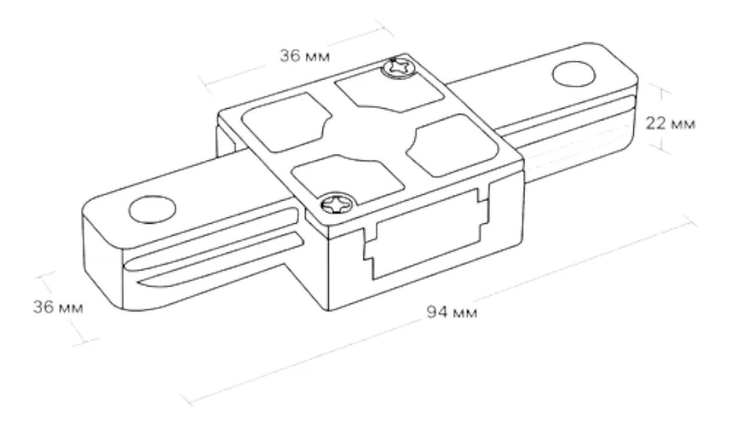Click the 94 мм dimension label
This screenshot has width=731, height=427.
point(452,312)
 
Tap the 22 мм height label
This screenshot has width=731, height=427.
point(670,124)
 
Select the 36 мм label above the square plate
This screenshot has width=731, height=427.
point(304,56)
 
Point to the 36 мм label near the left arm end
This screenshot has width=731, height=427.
point(58,307)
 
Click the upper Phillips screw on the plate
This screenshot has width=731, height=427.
point(398,68)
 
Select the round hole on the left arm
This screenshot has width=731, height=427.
point(152,210)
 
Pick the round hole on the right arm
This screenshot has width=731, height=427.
point(574,74)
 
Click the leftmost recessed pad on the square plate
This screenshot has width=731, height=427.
point(286,122)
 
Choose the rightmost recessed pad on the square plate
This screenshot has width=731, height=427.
point(451,146)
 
